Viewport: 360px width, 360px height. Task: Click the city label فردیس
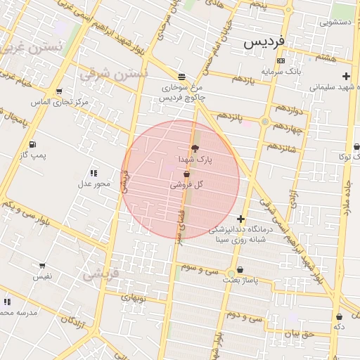tap(264, 42)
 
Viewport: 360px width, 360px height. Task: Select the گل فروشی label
tap(186, 185)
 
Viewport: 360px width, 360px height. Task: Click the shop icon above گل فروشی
tap(186, 174)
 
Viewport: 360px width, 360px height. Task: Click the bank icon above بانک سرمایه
tap(281, 60)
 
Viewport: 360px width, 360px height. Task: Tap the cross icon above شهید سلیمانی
tap(345, 76)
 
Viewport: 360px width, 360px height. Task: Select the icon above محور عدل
tap(93, 173)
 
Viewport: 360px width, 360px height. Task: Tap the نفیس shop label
tap(41, 277)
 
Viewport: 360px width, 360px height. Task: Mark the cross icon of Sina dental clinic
tap(241, 219)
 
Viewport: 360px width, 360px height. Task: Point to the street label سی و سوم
tap(200, 269)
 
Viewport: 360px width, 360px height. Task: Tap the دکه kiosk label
tap(339, 327)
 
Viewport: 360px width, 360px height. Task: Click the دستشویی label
tap(336, 22)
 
